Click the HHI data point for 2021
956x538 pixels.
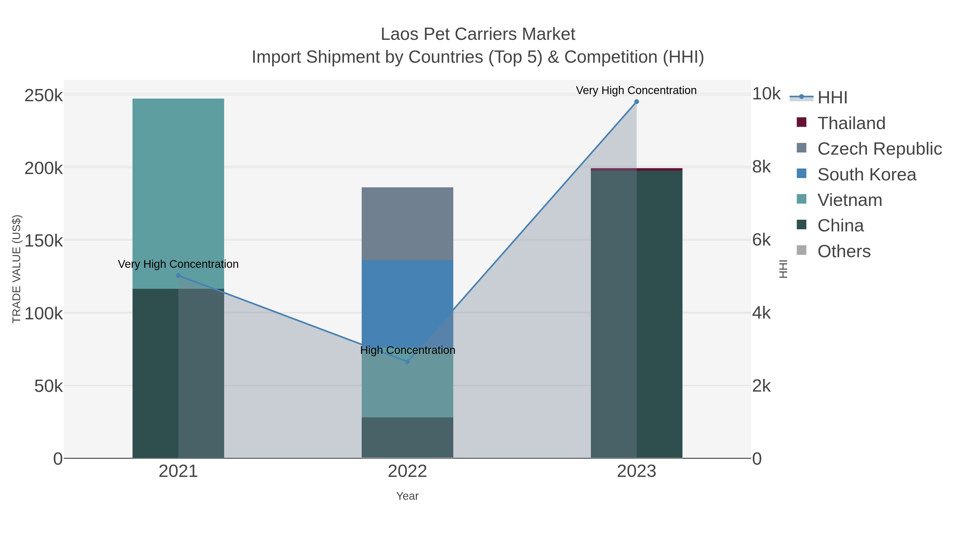pyautogui.click(x=178, y=276)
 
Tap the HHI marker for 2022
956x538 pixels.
pyautogui.click(x=407, y=362)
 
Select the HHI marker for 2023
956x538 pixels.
pyautogui.click(x=637, y=102)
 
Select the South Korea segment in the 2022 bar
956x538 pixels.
pyautogui.click(x=407, y=297)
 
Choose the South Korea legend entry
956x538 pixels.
pyautogui.click(x=866, y=175)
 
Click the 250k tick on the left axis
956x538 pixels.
pyautogui.click(x=44, y=96)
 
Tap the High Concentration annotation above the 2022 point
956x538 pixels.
pyautogui.click(x=407, y=350)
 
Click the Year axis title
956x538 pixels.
pyautogui.click(x=407, y=496)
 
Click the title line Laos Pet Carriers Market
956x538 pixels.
pyautogui.click(x=478, y=34)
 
